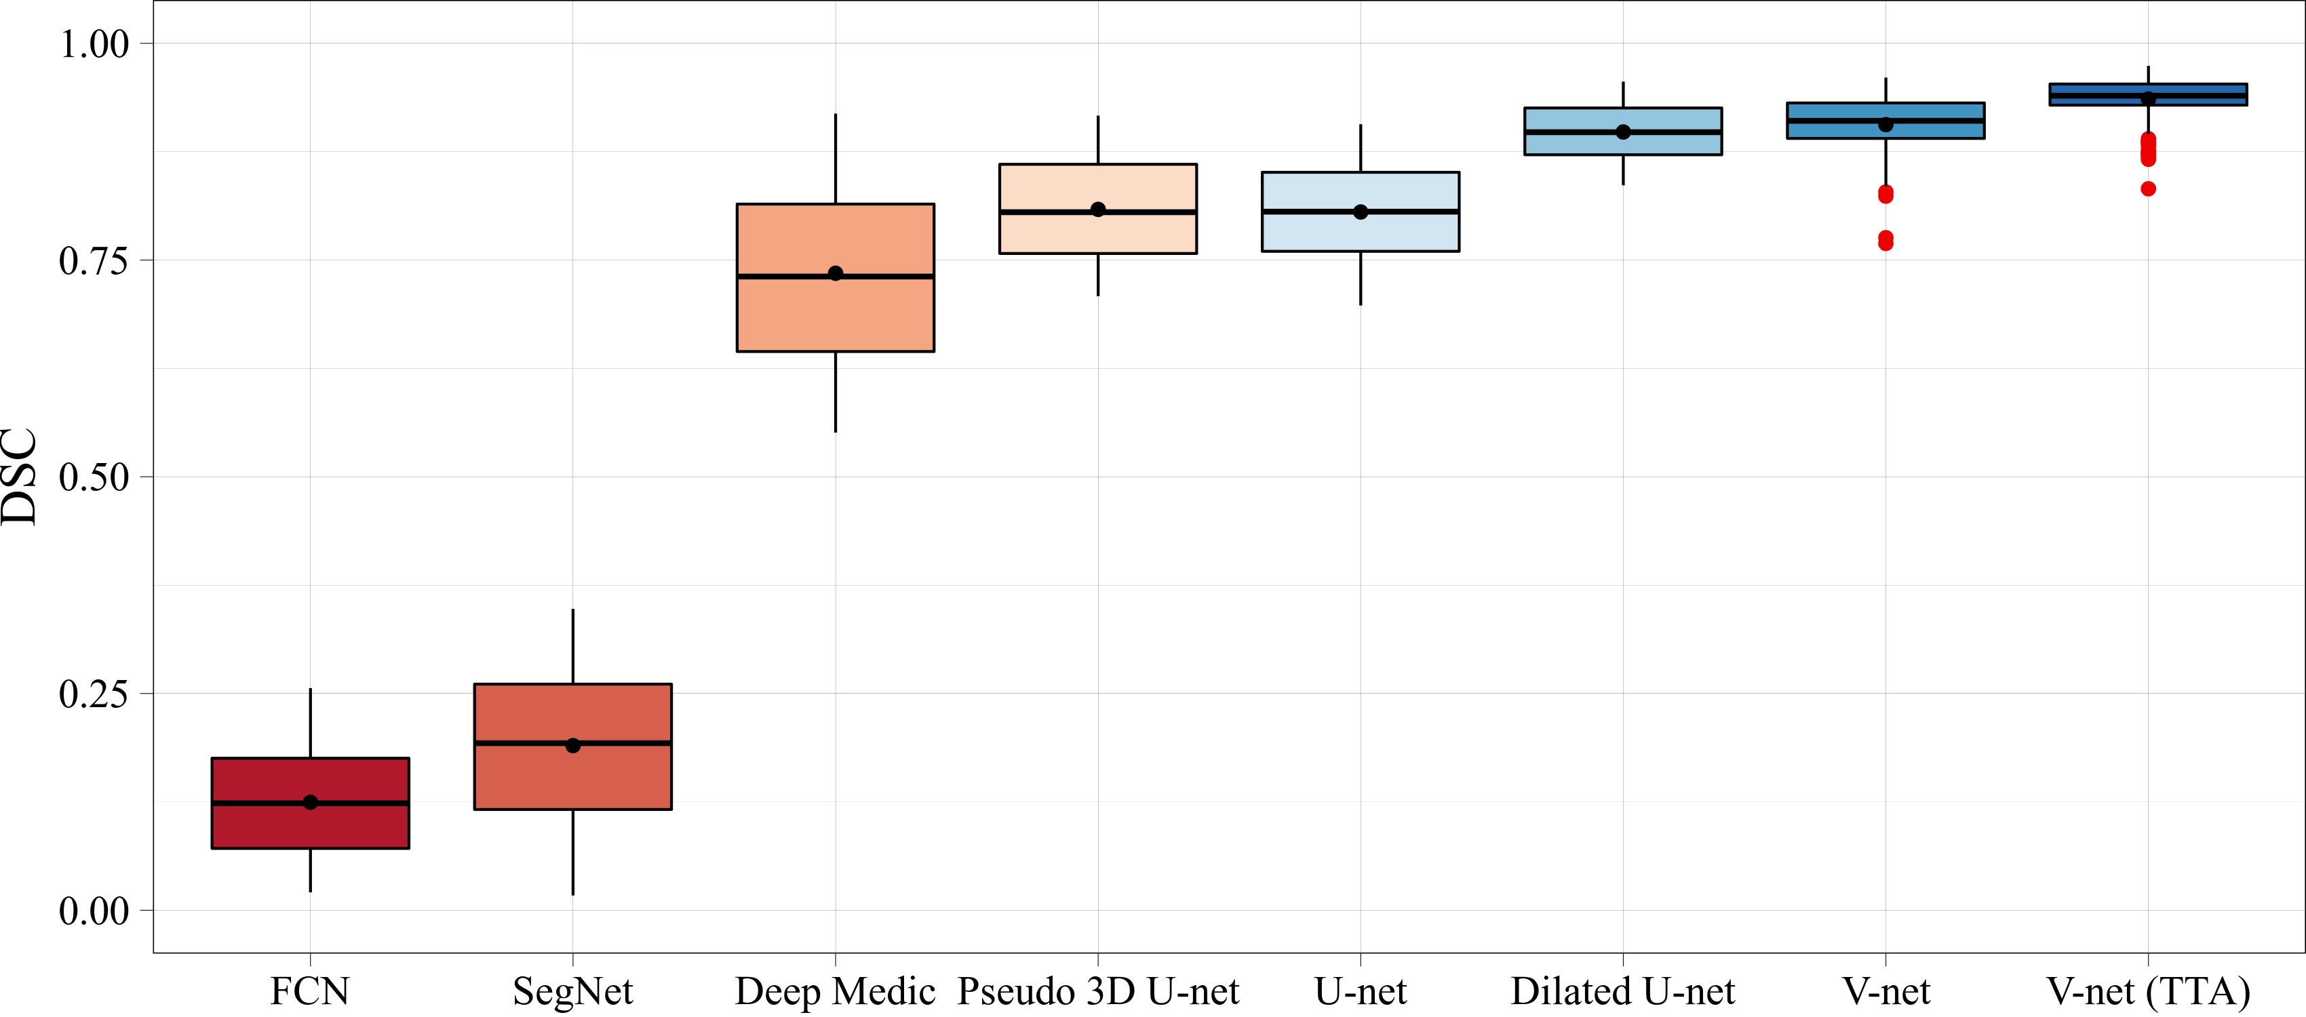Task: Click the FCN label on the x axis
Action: [310, 991]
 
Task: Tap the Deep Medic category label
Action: [834, 991]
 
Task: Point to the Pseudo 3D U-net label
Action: [1097, 991]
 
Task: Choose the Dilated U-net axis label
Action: [1622, 991]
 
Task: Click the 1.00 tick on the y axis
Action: [94, 44]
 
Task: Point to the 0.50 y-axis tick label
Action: [94, 477]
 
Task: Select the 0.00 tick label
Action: [94, 911]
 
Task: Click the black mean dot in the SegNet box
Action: [573, 745]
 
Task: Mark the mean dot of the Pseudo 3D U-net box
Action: [1097, 210]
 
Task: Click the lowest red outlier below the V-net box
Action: [1885, 243]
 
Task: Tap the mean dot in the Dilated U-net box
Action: [1623, 132]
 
